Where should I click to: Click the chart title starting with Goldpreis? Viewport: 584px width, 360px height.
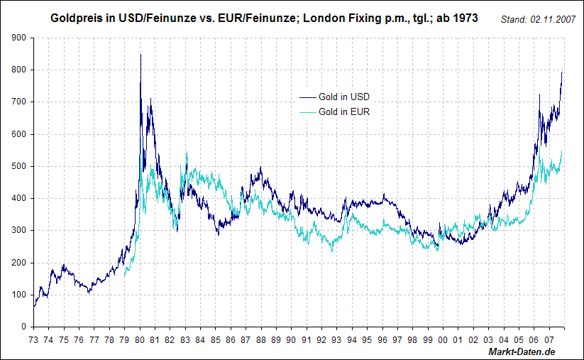point(264,17)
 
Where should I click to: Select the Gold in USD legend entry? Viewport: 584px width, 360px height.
point(344,97)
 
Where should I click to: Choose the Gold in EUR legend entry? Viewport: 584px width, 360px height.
point(344,112)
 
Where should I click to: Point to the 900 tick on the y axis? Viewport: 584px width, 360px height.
point(20,38)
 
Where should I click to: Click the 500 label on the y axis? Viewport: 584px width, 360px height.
point(20,166)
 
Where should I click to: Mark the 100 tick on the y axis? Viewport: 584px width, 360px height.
point(20,295)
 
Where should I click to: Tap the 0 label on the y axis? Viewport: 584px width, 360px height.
point(24,327)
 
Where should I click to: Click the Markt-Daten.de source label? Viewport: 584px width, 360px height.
point(522,352)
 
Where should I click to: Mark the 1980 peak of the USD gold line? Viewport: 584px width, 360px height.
point(141,54)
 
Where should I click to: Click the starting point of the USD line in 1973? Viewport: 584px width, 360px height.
point(34,306)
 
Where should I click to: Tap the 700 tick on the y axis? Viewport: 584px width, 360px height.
point(20,102)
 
